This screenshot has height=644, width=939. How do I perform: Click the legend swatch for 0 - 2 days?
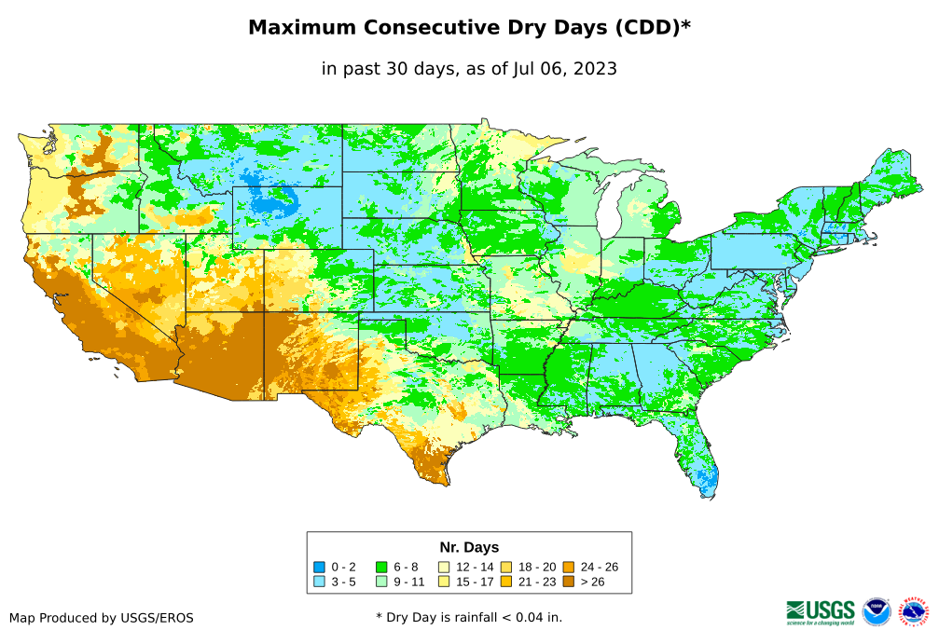pos(320,567)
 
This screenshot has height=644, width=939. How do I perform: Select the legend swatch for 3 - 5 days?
pos(320,582)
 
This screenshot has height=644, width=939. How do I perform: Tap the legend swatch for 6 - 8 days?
pos(381,567)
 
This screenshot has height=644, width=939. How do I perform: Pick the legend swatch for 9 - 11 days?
pos(381,582)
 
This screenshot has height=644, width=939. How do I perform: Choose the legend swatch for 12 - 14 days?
pos(444,567)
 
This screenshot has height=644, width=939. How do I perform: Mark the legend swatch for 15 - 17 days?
pos(444,582)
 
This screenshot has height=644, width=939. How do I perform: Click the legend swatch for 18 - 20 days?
pos(506,567)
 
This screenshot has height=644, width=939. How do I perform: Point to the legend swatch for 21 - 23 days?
pos(506,582)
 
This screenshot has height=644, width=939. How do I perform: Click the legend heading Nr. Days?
pos(469,547)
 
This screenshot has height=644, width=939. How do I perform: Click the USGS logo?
pos(821,610)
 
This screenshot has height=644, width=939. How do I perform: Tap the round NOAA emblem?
pos(877,611)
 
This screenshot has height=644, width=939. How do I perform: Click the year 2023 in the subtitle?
pos(594,68)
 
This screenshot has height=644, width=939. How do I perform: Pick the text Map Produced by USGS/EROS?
pos(102,617)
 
